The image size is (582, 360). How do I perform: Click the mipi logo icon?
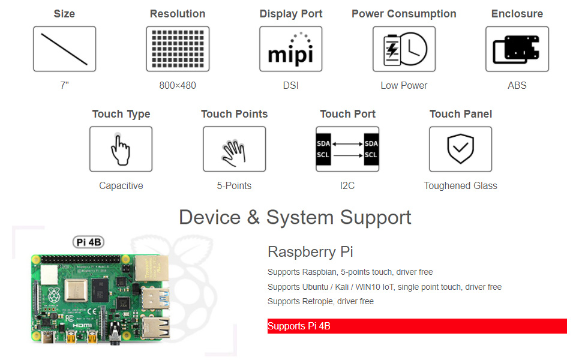pyautogui.click(x=290, y=49)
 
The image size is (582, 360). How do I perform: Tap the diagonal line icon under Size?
pyautogui.click(x=64, y=49)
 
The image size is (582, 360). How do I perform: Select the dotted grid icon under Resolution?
pyautogui.click(x=178, y=49)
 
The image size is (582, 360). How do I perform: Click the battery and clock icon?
pyautogui.click(x=404, y=49)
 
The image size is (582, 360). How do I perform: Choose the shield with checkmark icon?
pyautogui.click(x=460, y=149)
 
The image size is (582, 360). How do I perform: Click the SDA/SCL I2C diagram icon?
pyautogui.click(x=347, y=149)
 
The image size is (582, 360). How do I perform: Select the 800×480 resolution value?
pyautogui.click(x=178, y=85)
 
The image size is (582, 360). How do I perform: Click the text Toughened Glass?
pyautogui.click(x=460, y=185)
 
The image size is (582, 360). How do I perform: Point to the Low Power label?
pyautogui.click(x=404, y=85)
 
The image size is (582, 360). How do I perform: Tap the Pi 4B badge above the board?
pyautogui.click(x=88, y=242)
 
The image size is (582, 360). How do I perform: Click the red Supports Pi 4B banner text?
pyautogui.click(x=299, y=326)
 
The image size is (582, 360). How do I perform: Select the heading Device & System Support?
pyautogui.click(x=295, y=217)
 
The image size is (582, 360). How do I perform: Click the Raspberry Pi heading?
pyautogui.click(x=310, y=251)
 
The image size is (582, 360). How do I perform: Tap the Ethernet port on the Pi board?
pyautogui.click(x=151, y=269)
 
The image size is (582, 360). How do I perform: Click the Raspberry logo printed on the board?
pyautogui.click(x=54, y=296)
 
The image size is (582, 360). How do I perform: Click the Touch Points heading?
pyautogui.click(x=234, y=114)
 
